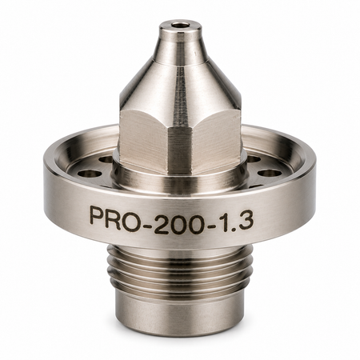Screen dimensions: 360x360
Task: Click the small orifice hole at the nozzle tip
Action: pos(179,25)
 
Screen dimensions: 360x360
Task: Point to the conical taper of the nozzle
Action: pos(180,80)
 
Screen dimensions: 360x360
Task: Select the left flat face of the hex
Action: pos(144,140)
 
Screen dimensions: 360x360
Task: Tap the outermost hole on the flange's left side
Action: pos(90,174)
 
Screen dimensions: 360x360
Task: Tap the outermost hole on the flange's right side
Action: pos(270,173)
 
